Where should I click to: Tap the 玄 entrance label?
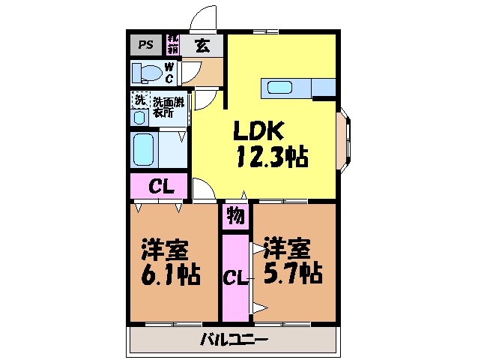(x=202, y=44)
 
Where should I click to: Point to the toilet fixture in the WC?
(x=146, y=73)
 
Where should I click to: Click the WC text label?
(x=169, y=73)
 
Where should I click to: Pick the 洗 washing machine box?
(x=139, y=100)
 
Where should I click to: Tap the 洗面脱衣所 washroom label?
(x=169, y=106)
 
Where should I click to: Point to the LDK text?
(x=257, y=133)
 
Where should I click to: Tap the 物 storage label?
(x=235, y=217)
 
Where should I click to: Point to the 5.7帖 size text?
(x=292, y=274)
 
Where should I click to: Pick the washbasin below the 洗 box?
(x=140, y=118)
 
